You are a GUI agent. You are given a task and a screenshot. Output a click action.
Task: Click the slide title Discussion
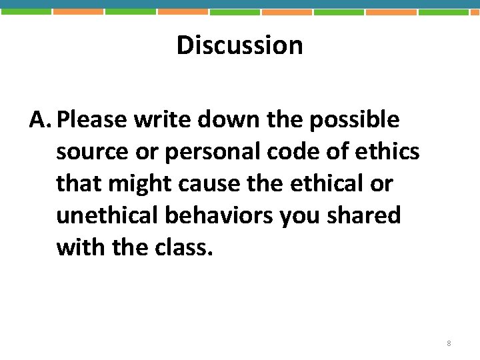click(239, 45)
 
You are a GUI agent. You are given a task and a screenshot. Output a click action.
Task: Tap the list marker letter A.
click(39, 120)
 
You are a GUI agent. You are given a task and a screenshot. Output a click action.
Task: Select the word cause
click(191, 183)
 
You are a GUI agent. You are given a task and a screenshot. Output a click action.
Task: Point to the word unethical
click(107, 215)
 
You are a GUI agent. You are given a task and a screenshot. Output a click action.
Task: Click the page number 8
click(449, 343)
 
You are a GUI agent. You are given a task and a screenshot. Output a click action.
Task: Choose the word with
click(79, 247)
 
